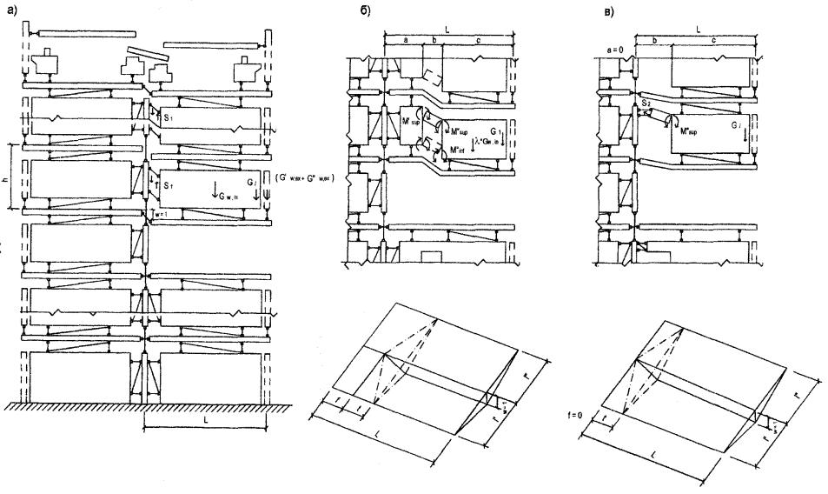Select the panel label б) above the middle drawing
348,13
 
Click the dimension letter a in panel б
407,40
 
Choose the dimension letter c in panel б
478,40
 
